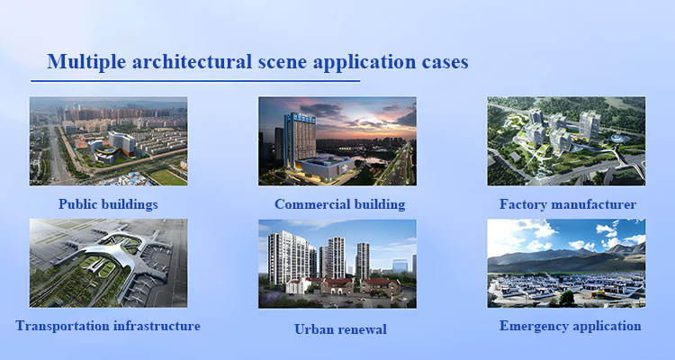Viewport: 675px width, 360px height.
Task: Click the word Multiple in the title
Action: tap(86, 62)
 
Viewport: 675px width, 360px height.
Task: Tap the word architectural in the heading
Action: tap(192, 61)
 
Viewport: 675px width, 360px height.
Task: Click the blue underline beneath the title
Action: tap(195, 80)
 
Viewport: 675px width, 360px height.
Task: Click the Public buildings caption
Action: tap(108, 204)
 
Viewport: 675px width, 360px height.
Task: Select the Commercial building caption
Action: tap(339, 204)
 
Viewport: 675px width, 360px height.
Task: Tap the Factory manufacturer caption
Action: tap(568, 204)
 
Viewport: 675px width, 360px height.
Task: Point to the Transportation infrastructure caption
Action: tap(108, 326)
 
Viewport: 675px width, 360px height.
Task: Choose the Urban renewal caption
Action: tap(340, 329)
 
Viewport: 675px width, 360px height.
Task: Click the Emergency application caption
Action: tap(570, 326)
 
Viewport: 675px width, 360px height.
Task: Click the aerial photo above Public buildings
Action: tap(108, 141)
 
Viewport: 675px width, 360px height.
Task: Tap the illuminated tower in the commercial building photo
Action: tap(300, 140)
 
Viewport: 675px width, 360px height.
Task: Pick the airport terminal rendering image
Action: tap(108, 263)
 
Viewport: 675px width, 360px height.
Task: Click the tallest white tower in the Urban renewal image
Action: tap(288, 257)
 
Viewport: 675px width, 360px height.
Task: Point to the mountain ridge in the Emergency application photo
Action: tap(566, 258)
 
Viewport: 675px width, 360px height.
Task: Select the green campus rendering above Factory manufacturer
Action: tap(566, 141)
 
